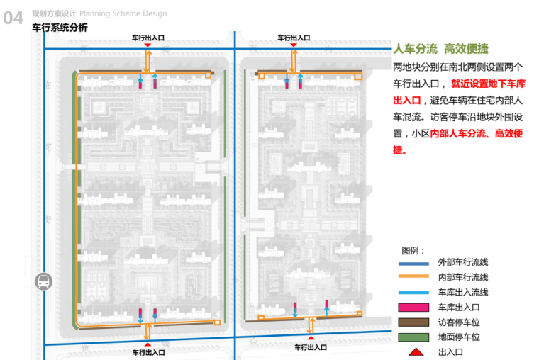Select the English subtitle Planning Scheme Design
pyautogui.click(x=123, y=13)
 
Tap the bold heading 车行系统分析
pyautogui.click(x=61, y=28)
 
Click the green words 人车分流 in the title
pyautogui.click(x=415, y=49)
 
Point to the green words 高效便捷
pyautogui.click(x=466, y=49)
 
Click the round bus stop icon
pyautogui.click(x=43, y=281)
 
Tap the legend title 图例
pyautogui.click(x=413, y=251)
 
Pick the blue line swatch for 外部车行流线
pyautogui.click(x=413, y=263)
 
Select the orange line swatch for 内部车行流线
pyautogui.click(x=413, y=277)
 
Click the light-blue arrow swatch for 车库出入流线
pyautogui.click(x=413, y=292)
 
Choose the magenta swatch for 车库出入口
pyautogui.click(x=413, y=307)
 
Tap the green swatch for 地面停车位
pyautogui.click(x=413, y=337)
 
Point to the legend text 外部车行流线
pyautogui.click(x=463, y=263)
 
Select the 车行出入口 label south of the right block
pyautogui.click(x=311, y=348)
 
